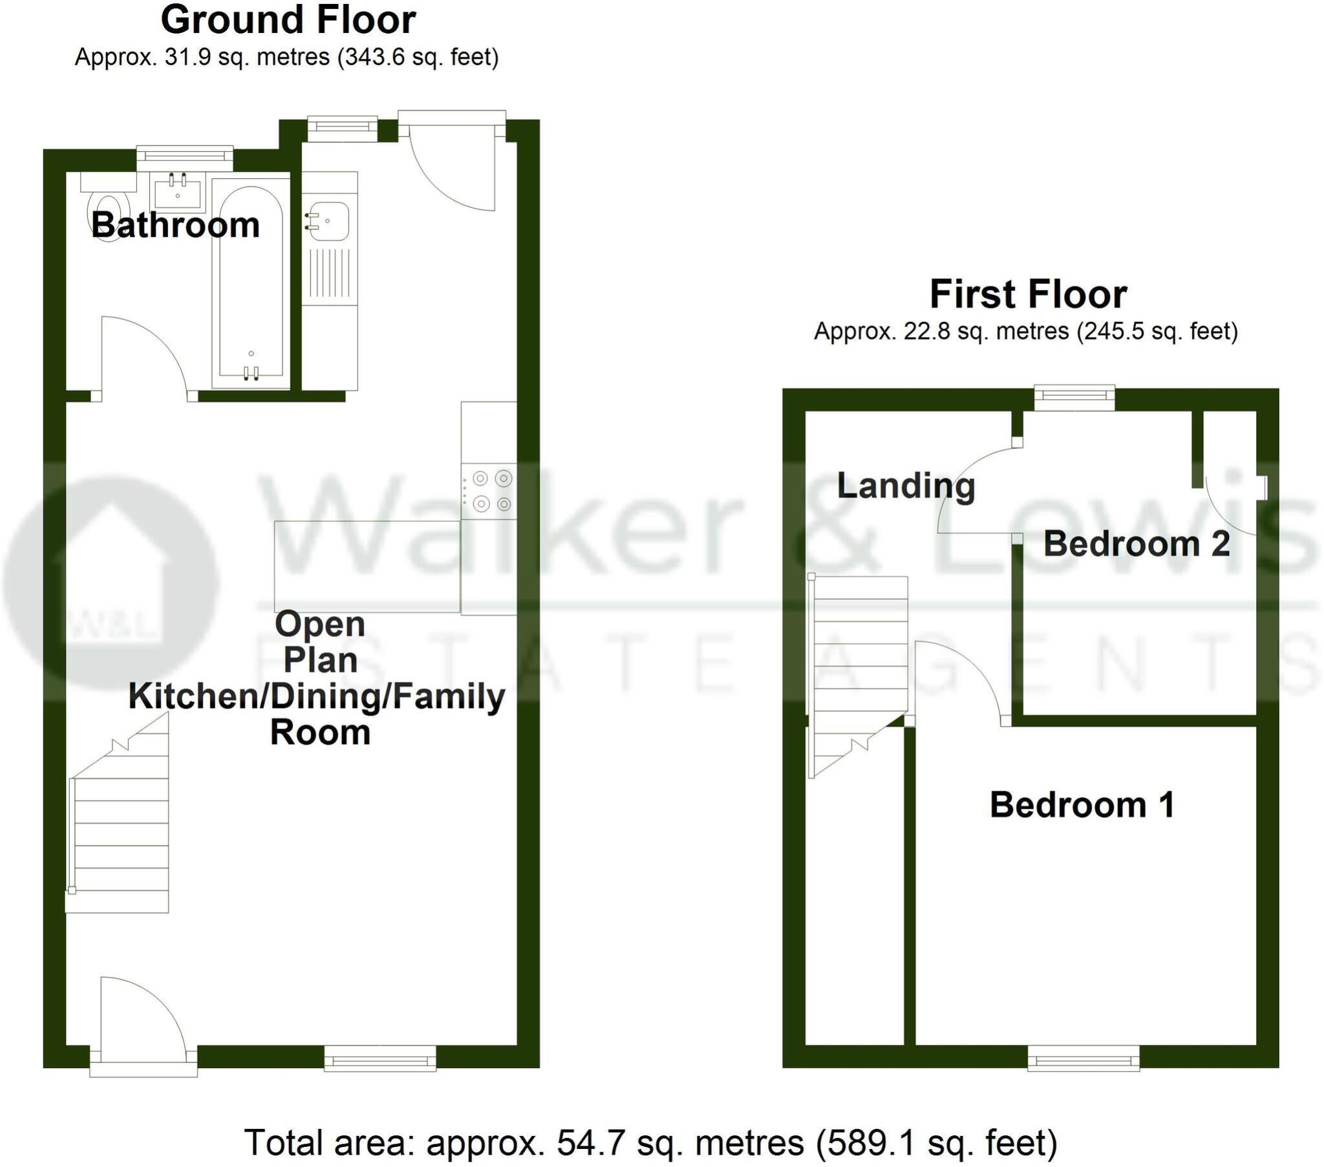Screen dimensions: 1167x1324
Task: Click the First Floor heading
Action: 1028,295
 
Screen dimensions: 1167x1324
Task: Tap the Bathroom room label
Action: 176,226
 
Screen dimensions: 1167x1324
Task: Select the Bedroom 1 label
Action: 1082,806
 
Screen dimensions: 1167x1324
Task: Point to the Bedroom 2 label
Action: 1136,544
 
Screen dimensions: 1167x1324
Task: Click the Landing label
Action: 906,486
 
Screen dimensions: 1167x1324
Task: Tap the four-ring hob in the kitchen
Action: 491,491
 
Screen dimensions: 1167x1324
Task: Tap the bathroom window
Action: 185,155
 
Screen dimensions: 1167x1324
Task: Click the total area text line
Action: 650,1142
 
